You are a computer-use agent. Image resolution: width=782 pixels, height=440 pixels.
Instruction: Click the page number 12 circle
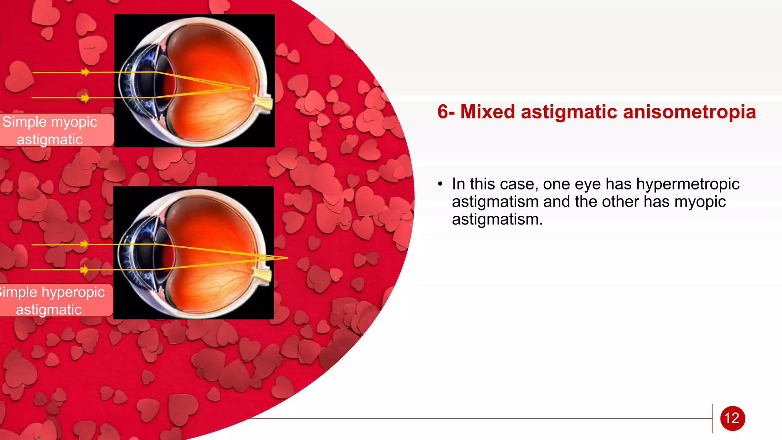pyautogui.click(x=732, y=418)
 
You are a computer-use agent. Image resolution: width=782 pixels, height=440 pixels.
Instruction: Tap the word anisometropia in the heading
pyautogui.click(x=689, y=112)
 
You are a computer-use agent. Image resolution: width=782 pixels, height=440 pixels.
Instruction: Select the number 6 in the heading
pyautogui.click(x=443, y=112)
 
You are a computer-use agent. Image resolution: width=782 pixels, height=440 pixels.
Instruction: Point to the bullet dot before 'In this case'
pyautogui.click(x=440, y=184)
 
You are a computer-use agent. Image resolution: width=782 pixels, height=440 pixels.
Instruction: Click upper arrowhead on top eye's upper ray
pyautogui.click(x=86, y=72)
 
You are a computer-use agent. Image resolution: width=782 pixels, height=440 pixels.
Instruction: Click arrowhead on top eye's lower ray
pyautogui.click(x=86, y=98)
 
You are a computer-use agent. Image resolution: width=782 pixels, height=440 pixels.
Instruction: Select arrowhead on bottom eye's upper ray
pyautogui.click(x=84, y=244)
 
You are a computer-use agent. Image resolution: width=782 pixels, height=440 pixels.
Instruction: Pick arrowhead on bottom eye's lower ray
pyautogui.click(x=84, y=270)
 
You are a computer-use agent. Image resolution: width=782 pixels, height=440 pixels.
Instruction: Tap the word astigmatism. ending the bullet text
pyautogui.click(x=497, y=220)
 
